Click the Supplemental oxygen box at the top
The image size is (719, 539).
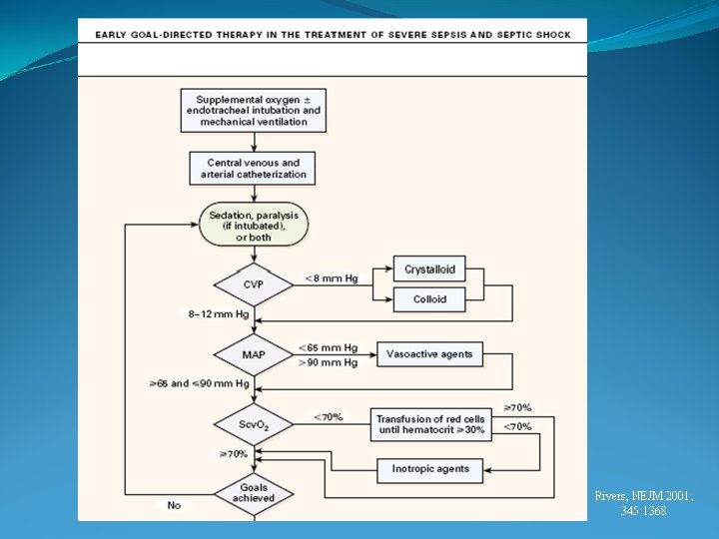[254, 111]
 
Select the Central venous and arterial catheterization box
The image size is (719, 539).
[253, 169]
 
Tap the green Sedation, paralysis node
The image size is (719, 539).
[254, 225]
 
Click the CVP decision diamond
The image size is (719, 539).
[254, 284]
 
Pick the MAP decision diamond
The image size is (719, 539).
[254, 354]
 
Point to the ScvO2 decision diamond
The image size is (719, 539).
[254, 425]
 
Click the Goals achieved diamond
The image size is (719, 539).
[254, 493]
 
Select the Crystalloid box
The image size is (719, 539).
[429, 269]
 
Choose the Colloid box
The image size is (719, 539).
[429, 298]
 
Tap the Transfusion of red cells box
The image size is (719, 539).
[430, 424]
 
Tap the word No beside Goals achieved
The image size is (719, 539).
[174, 505]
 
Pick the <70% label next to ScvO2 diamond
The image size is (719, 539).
[329, 417]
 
